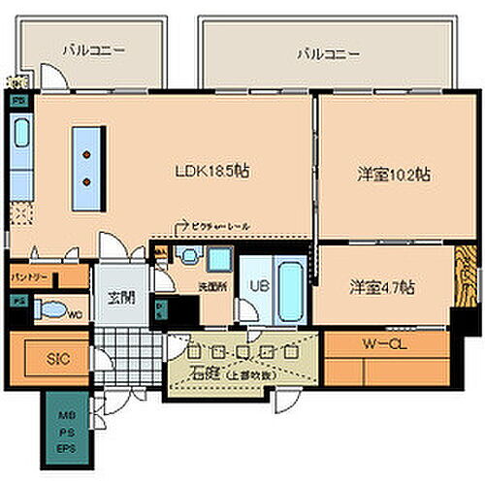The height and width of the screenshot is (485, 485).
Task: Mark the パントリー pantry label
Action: click(x=28, y=277)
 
